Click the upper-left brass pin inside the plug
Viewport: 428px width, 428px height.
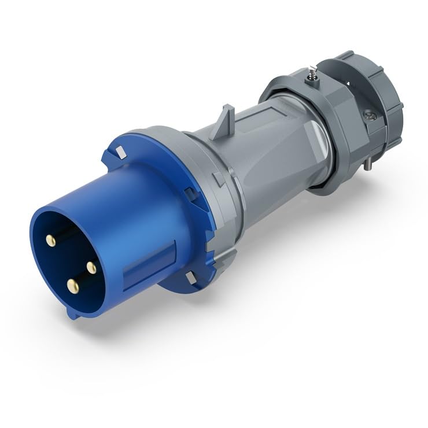51,240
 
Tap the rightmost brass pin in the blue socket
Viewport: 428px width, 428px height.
91,267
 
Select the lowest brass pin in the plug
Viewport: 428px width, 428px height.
72,285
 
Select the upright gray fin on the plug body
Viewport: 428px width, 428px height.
224,121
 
